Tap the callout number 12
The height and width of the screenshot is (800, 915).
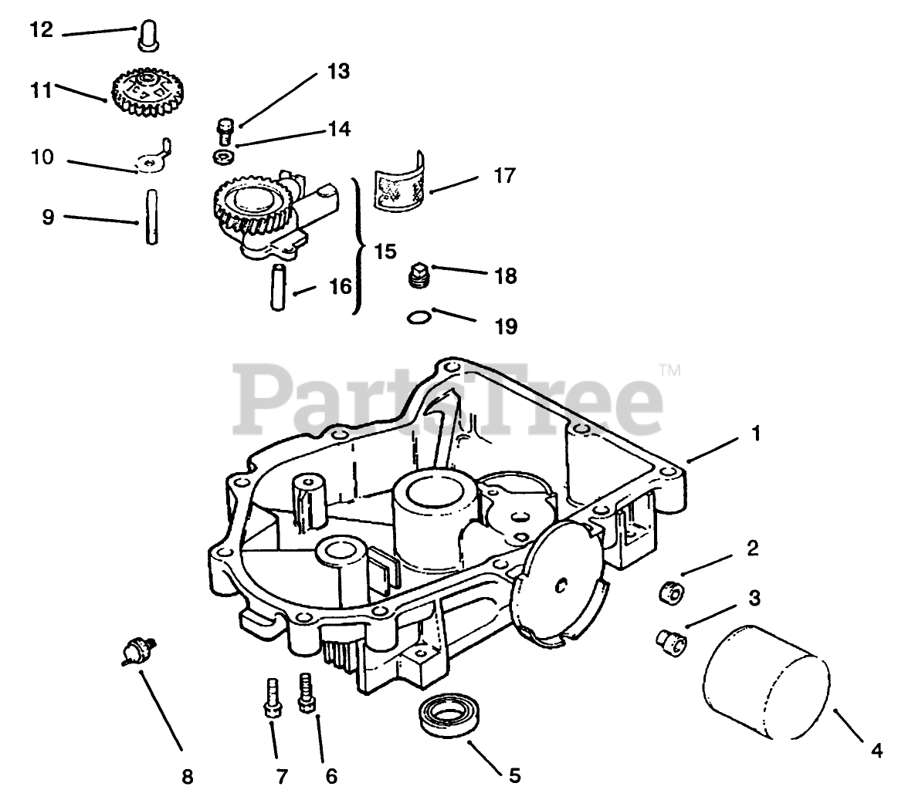pos(42,31)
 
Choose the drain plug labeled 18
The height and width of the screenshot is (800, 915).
pos(418,276)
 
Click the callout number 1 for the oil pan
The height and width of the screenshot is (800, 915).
pos(756,434)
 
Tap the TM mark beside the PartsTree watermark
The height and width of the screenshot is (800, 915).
pos(669,370)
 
